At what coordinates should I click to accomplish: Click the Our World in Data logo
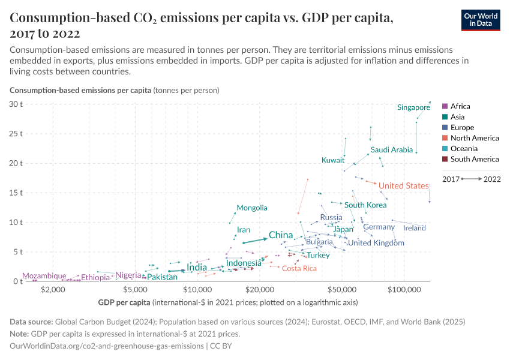[480, 20]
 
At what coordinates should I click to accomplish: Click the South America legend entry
[474, 159]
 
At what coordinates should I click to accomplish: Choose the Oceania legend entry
[464, 148]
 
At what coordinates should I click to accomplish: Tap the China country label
[280, 235]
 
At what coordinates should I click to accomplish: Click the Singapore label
[413, 107]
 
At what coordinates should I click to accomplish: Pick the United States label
[403, 186]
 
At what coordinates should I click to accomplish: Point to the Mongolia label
[251, 208]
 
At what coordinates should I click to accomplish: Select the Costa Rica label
[299, 268]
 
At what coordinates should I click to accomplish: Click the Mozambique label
[44, 276]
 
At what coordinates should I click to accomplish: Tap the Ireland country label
[415, 228]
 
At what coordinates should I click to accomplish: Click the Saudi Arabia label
[391, 149]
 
